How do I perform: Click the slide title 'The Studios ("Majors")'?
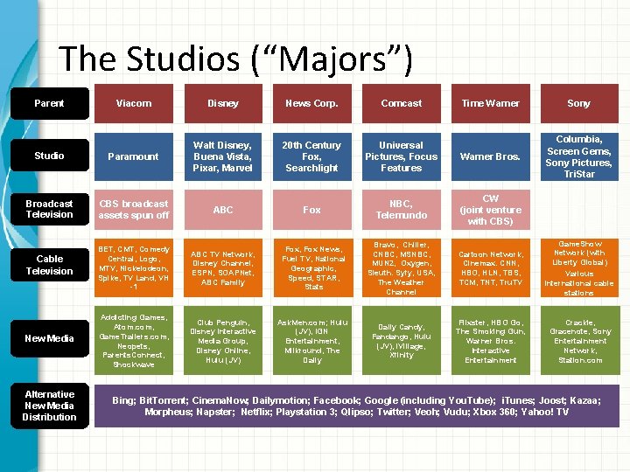[234, 59]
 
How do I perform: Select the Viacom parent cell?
[134, 103]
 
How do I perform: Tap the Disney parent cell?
[223, 103]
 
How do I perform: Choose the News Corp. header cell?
[311, 103]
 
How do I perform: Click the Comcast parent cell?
[401, 103]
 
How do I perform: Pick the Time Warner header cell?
[490, 103]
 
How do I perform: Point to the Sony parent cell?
[578, 103]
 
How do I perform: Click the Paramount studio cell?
[134, 156]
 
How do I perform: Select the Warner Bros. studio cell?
[490, 156]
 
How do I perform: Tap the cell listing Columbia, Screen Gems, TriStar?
[578, 156]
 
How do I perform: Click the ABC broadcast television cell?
[223, 210]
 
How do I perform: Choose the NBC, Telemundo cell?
[401, 210]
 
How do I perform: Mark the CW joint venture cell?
[490, 210]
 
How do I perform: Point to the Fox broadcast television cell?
[311, 210]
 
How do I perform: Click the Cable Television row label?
[50, 264]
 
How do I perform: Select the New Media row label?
[50, 338]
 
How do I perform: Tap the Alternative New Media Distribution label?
[50, 406]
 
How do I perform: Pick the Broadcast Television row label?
[50, 209]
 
